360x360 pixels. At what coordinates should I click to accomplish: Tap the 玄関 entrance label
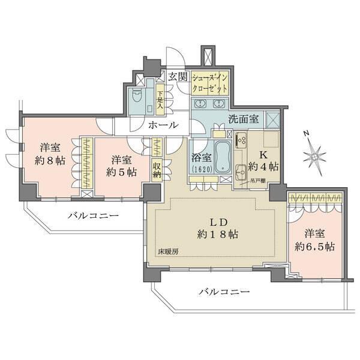(x=178, y=76)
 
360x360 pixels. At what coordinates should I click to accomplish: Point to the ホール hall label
(x=163, y=125)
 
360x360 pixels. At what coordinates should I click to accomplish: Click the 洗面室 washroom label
(x=243, y=119)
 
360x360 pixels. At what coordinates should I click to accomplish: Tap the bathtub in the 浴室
(x=222, y=157)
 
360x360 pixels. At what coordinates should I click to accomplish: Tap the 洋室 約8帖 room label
(x=49, y=155)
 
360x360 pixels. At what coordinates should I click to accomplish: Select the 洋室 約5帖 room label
(x=121, y=166)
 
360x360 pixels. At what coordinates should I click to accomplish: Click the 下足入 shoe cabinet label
(x=160, y=100)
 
